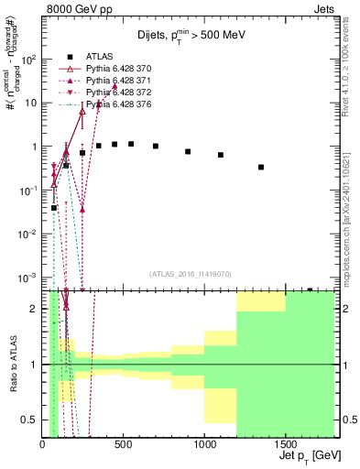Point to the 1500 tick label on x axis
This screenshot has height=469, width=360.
click(286, 444)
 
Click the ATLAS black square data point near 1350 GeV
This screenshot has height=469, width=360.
click(261, 168)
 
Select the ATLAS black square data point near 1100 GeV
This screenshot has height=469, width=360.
click(221, 155)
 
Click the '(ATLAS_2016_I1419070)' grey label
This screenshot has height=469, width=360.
click(191, 273)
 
